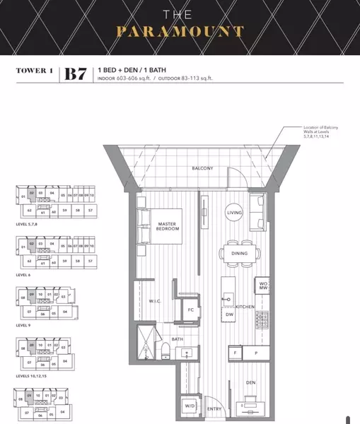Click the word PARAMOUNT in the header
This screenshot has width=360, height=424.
pos(180,31)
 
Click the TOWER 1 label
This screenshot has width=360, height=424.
pos(34,71)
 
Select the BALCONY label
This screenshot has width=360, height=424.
pos(203,168)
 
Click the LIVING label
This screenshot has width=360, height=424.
pos(234,213)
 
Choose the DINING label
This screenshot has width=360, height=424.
pos(238,252)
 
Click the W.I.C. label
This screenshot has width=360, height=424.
pos(156,302)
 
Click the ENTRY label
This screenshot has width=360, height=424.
pos(214,409)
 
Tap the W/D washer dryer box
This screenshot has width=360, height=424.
pos(190,406)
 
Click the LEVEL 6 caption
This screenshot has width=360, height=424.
pos(25,274)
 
